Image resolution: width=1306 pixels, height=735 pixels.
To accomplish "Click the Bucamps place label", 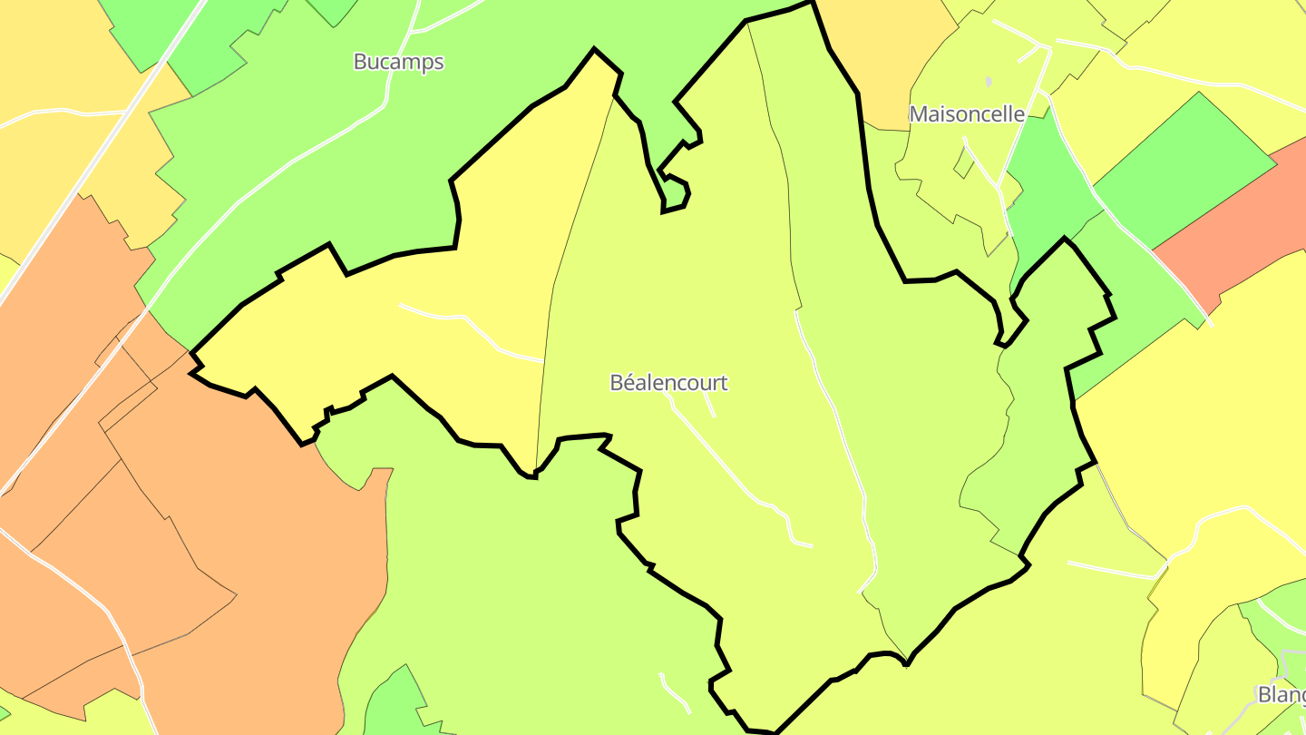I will (x=399, y=62).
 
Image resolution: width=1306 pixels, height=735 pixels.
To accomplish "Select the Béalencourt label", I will (x=668, y=382).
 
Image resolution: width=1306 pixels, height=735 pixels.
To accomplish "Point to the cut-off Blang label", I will (x=1281, y=694).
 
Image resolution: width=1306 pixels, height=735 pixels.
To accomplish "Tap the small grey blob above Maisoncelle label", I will (x=989, y=82).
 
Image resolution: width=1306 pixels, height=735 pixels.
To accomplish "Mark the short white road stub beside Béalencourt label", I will (x=709, y=405).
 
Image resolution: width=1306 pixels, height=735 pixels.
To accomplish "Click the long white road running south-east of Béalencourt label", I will (x=726, y=463).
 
